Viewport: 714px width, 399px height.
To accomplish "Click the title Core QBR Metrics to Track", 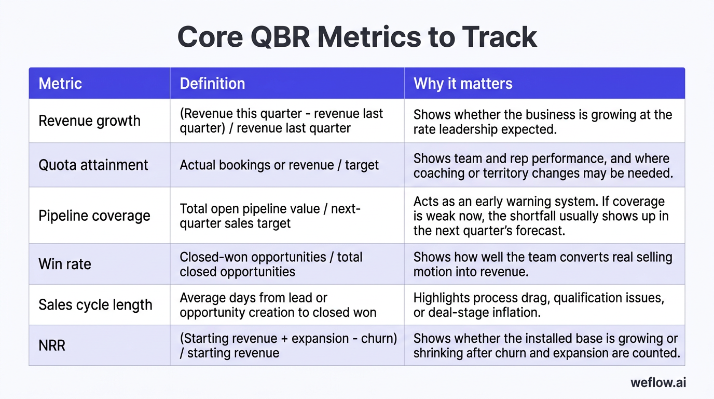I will click(x=357, y=37).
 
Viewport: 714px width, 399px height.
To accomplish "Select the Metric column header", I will click(x=60, y=84).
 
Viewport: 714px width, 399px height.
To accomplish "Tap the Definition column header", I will click(x=212, y=84).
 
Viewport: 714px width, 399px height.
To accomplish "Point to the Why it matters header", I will click(x=463, y=84).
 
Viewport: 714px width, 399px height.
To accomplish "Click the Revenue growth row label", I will click(x=89, y=121).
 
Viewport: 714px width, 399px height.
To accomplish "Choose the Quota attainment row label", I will click(x=93, y=165).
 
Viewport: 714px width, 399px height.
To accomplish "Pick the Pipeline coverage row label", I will click(x=94, y=216).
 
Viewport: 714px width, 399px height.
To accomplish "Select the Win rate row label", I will click(x=65, y=264).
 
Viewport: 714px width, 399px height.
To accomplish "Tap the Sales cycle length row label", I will click(x=95, y=304).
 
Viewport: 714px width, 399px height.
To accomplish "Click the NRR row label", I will click(x=52, y=345).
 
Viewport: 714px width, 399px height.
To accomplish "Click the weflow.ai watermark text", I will click(x=658, y=382).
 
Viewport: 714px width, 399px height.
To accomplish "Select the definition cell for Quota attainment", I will click(x=279, y=165).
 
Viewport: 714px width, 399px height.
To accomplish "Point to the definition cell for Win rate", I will click(x=271, y=264).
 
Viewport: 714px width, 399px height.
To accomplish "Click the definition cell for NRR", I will click(x=288, y=345).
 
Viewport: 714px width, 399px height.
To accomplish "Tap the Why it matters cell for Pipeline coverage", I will click(x=541, y=216).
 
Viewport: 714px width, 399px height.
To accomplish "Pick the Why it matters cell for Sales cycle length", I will click(x=539, y=305).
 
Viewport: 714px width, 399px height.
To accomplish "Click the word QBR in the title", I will click(x=272, y=37).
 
